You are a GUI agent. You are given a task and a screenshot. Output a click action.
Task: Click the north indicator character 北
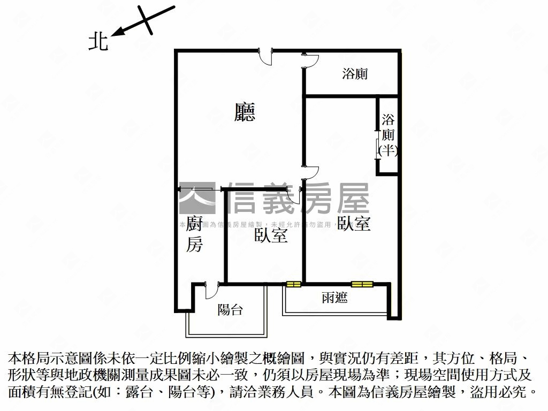point(98,42)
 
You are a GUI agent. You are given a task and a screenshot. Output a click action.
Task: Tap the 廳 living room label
point(245,112)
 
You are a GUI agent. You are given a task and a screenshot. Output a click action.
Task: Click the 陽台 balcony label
point(231,309)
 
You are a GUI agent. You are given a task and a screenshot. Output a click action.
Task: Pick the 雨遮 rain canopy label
point(335,298)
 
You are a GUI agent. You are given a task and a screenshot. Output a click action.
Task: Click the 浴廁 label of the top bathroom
point(355,74)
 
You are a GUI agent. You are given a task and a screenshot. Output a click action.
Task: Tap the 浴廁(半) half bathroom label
point(388,135)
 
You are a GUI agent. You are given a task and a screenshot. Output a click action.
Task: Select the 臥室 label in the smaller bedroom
point(271,235)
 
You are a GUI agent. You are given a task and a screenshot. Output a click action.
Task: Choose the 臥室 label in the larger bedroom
point(354,223)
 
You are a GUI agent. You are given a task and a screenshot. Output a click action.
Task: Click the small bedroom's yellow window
point(293,284)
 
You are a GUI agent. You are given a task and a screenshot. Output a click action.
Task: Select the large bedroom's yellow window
point(361,284)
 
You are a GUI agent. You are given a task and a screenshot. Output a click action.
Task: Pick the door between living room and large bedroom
point(310,172)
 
